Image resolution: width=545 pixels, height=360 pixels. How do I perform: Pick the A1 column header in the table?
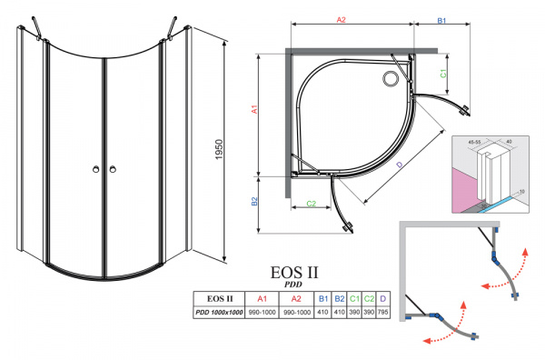263,298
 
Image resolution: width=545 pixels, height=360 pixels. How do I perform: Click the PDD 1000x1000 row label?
219,313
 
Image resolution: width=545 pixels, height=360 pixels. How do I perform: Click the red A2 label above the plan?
342,18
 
